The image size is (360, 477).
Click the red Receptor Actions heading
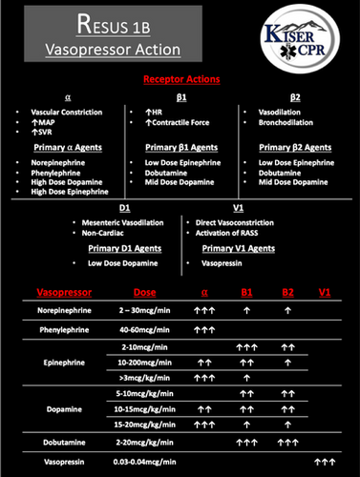tap(180, 82)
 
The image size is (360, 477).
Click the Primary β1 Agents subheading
tap(180, 147)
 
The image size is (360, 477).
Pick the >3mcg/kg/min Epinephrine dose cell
tap(140, 378)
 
